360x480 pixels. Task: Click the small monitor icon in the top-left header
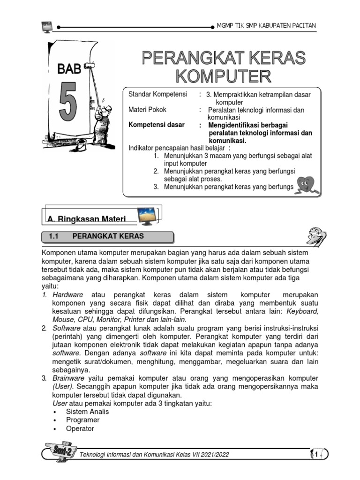pos(47,27)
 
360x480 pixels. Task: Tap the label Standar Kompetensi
pos(154,95)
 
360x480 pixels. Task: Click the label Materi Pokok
pos(147,110)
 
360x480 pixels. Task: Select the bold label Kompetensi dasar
pos(156,125)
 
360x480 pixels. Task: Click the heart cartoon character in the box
pos(307,184)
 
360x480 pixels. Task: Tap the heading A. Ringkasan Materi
pos(87,218)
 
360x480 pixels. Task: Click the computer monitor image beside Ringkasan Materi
pos(150,217)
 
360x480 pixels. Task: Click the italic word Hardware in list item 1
pos(67,294)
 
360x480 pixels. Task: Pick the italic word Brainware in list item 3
pos(68,378)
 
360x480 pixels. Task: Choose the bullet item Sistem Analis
pos(87,412)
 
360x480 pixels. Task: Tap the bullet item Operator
pos(80,428)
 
